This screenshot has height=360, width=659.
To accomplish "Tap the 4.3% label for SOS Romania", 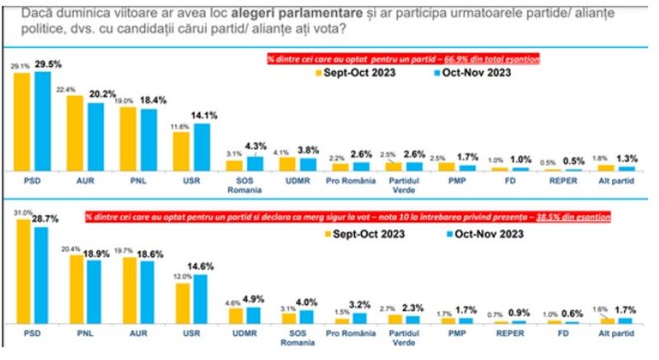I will point(256,147).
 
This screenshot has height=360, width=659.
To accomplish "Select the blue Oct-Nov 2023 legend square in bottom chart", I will point(434,233).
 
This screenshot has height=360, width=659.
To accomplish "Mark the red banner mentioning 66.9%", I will point(402,59).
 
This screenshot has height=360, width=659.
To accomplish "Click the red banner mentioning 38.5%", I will point(346,217).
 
